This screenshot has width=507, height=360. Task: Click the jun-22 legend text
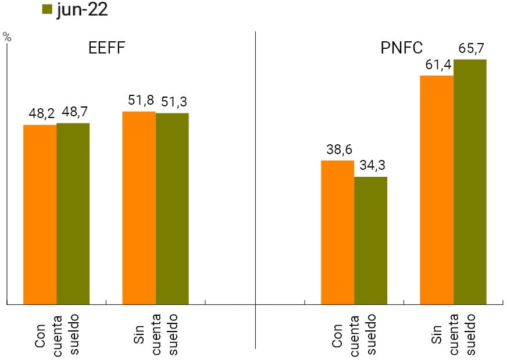tap(82, 10)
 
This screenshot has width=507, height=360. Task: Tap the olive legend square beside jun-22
tap(48, 10)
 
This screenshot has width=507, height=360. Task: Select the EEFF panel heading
tap(106, 48)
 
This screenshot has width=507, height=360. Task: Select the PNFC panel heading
tap(401, 48)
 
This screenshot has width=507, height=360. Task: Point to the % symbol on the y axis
tap(7, 36)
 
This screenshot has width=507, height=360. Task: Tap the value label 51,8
tap(140, 101)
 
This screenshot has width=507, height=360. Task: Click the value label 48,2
tap(41, 114)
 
